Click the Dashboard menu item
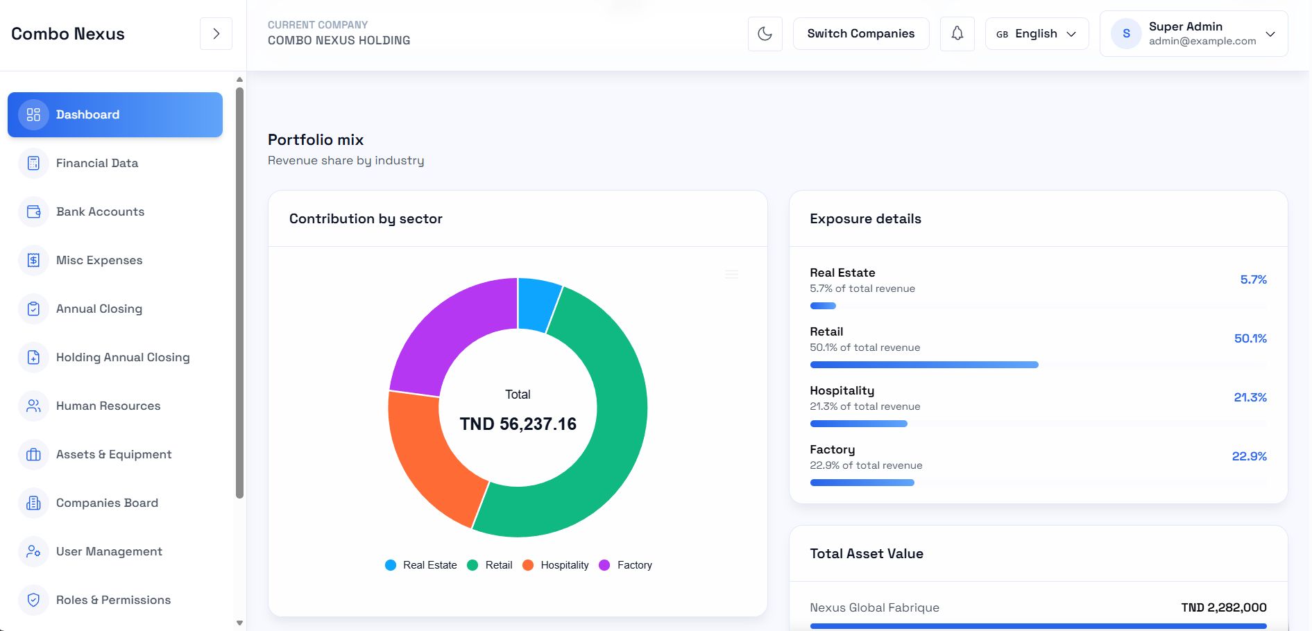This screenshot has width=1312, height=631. click(115, 114)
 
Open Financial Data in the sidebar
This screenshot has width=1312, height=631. click(97, 163)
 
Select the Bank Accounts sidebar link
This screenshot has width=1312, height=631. click(100, 211)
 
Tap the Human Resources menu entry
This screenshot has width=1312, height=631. click(108, 406)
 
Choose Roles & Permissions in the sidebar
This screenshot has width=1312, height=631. click(113, 600)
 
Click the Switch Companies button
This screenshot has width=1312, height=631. click(860, 33)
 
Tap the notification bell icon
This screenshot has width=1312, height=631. click(957, 33)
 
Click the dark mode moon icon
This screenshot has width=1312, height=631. click(765, 33)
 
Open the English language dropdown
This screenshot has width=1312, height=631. click(1037, 33)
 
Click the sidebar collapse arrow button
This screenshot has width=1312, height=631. click(216, 33)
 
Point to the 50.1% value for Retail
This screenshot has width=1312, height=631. click(1250, 338)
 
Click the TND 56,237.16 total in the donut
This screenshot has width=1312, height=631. click(518, 424)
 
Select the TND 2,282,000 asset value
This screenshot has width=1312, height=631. click(1223, 607)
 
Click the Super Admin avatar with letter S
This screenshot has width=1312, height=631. click(1125, 33)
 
